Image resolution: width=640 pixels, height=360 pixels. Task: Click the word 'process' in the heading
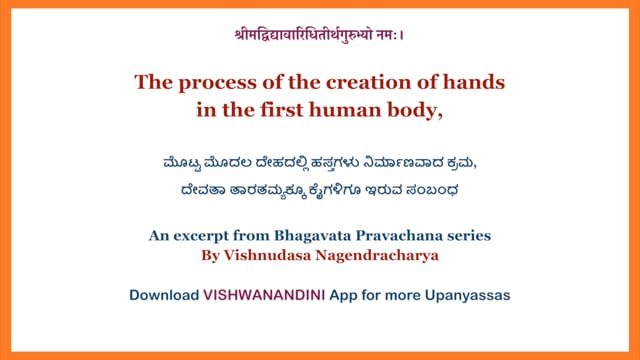211,82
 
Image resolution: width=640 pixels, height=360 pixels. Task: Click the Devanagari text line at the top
319,35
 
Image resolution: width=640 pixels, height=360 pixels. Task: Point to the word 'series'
467,236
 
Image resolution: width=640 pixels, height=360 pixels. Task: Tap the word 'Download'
163,296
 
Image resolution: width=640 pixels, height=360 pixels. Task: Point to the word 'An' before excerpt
158,236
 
